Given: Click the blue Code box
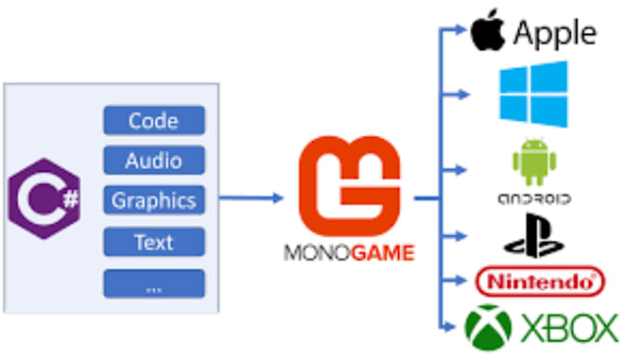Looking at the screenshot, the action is pos(154,120).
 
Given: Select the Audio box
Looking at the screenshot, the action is pos(154,160).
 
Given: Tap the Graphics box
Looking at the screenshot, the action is pos(154,200).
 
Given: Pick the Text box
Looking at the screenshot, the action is pos(154,242).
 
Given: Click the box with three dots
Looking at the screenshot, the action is pos(154,283).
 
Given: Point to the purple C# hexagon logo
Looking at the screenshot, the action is pos(44,198).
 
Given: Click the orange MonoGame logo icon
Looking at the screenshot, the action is pos(349,186).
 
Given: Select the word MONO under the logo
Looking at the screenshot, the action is pos(317,252).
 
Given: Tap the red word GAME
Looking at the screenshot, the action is pos(383,252).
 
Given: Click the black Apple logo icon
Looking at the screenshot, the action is pos(488,30).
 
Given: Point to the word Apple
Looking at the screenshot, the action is pos(555,34).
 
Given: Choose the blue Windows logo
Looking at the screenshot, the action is pos(533,94).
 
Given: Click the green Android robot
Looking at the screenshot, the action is pos(534,162).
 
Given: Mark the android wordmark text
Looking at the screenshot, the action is pos(534,199).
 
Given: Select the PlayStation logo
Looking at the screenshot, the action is pos(534,235).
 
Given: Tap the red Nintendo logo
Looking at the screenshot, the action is pos(540,282).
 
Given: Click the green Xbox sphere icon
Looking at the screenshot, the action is pos(488,328).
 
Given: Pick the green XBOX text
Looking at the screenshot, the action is pos(569,328).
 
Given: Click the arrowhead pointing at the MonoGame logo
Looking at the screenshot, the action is pos(278,198).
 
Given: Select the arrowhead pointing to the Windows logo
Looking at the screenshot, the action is pos(463,94).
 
